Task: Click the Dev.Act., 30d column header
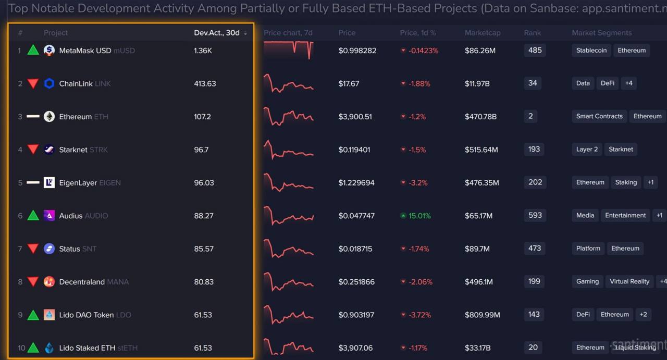pos(217,33)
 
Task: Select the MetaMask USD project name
pos(85,51)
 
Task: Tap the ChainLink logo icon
pos(49,83)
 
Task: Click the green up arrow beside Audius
pos(33,215)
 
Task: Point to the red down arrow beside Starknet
pos(33,150)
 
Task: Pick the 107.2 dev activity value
pos(202,117)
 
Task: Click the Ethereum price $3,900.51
pos(355,117)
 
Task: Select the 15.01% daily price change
pos(419,216)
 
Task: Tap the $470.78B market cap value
pos(480,117)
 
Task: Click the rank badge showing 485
pos(535,51)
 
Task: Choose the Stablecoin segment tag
pos(591,51)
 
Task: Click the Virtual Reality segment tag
pos(629,281)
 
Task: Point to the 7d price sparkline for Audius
pos(289,216)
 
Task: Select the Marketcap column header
pos(483,33)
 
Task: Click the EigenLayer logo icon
pos(49,182)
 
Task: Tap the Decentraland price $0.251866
pos(356,282)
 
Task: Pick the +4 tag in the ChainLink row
pos(629,83)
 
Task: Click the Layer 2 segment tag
pos(587,150)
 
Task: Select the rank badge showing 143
pos(534,314)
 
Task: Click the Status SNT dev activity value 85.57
pos(204,249)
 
